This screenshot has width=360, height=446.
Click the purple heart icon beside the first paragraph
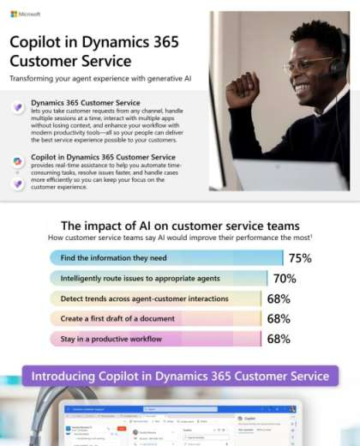pyautogui.click(x=17, y=107)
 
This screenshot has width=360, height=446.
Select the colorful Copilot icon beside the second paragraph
pyautogui.click(x=17, y=160)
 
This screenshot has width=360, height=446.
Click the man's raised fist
pyautogui.click(x=243, y=88)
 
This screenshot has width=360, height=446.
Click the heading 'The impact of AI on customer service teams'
pyautogui.click(x=180, y=225)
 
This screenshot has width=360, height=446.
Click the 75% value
pyautogui.click(x=299, y=258)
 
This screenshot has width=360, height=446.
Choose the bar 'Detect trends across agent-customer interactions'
pyautogui.click(x=154, y=298)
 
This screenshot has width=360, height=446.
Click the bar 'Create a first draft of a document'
pyautogui.click(x=154, y=318)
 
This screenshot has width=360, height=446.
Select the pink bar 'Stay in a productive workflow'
pyautogui.click(x=154, y=339)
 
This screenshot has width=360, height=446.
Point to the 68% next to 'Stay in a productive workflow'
pyautogui.click(x=279, y=339)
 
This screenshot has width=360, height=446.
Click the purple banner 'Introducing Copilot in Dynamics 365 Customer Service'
pyautogui.click(x=180, y=376)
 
